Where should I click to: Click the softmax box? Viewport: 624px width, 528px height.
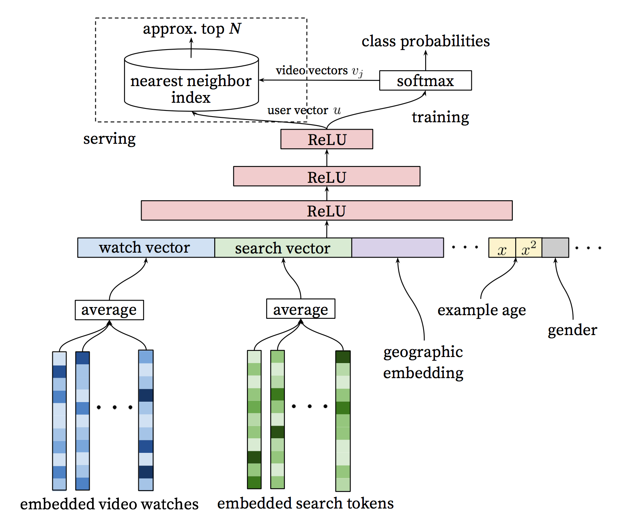[x=425, y=80]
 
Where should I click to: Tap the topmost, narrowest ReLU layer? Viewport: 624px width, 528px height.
[x=327, y=139]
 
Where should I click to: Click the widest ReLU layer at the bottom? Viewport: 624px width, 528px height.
[x=327, y=210]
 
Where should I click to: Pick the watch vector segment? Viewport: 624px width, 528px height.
[x=146, y=248]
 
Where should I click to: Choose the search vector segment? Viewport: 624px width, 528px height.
[x=283, y=248]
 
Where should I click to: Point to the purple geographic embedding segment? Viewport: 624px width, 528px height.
[x=397, y=248]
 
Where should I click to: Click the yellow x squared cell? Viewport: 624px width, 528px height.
[x=529, y=248]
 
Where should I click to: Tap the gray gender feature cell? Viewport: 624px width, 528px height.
[x=555, y=248]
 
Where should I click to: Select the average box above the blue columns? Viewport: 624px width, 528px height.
[x=109, y=310]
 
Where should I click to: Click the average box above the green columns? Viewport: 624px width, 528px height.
[x=301, y=309]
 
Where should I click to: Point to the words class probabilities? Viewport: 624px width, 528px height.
[x=426, y=41]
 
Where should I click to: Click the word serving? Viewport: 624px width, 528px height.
[x=109, y=138]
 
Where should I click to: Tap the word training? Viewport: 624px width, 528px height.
[x=440, y=117]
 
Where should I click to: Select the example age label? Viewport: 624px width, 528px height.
[x=482, y=310]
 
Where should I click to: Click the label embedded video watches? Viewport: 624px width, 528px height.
[x=109, y=504]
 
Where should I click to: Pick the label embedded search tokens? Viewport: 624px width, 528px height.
[x=305, y=503]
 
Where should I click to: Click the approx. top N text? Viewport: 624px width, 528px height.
[x=192, y=29]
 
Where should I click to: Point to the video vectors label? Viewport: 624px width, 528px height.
[x=319, y=71]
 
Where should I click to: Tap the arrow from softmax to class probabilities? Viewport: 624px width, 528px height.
[x=426, y=61]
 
